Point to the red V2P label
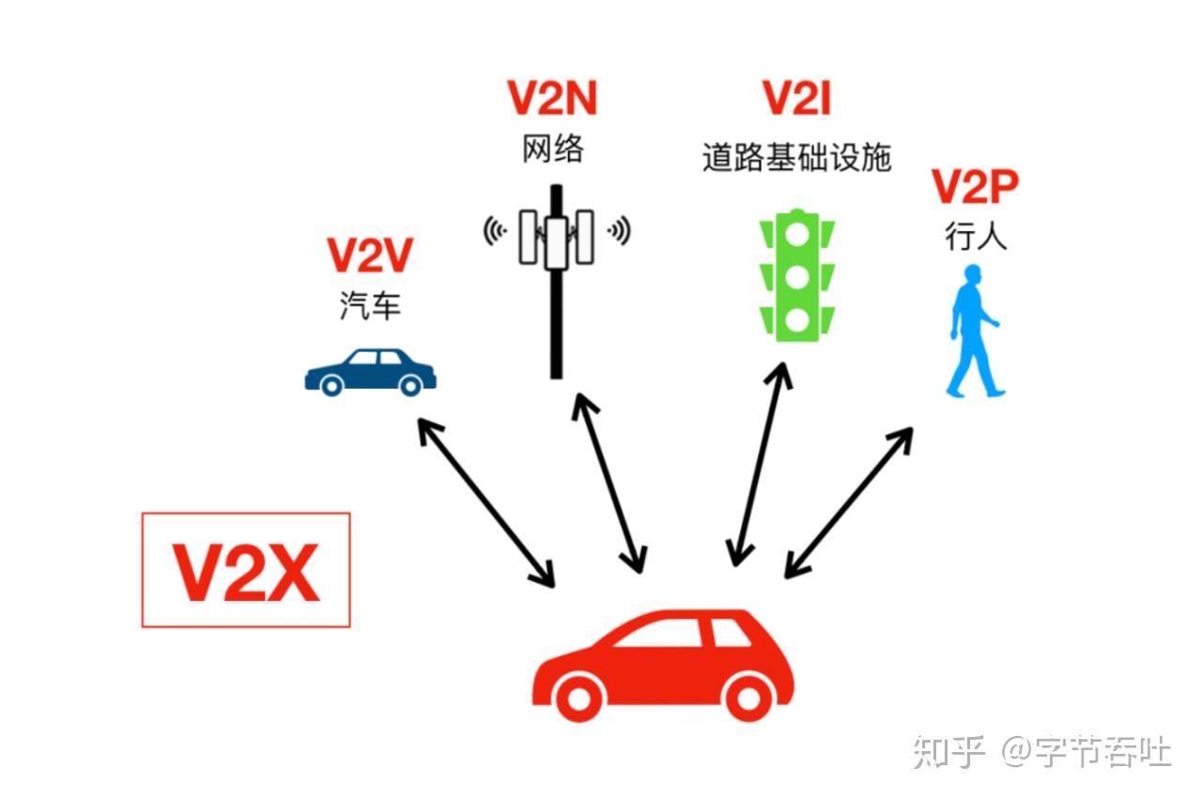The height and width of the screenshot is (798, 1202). (975, 188)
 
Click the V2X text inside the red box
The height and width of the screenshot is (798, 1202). (246, 571)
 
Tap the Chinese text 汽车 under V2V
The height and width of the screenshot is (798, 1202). (370, 306)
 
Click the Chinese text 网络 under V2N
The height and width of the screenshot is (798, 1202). (553, 148)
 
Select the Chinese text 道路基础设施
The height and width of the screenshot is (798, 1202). (796, 158)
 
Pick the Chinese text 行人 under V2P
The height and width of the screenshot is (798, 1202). (976, 237)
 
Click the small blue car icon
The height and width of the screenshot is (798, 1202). (370, 371)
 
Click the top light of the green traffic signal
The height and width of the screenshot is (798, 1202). (797, 235)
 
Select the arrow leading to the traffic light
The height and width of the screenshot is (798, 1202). (759, 464)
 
